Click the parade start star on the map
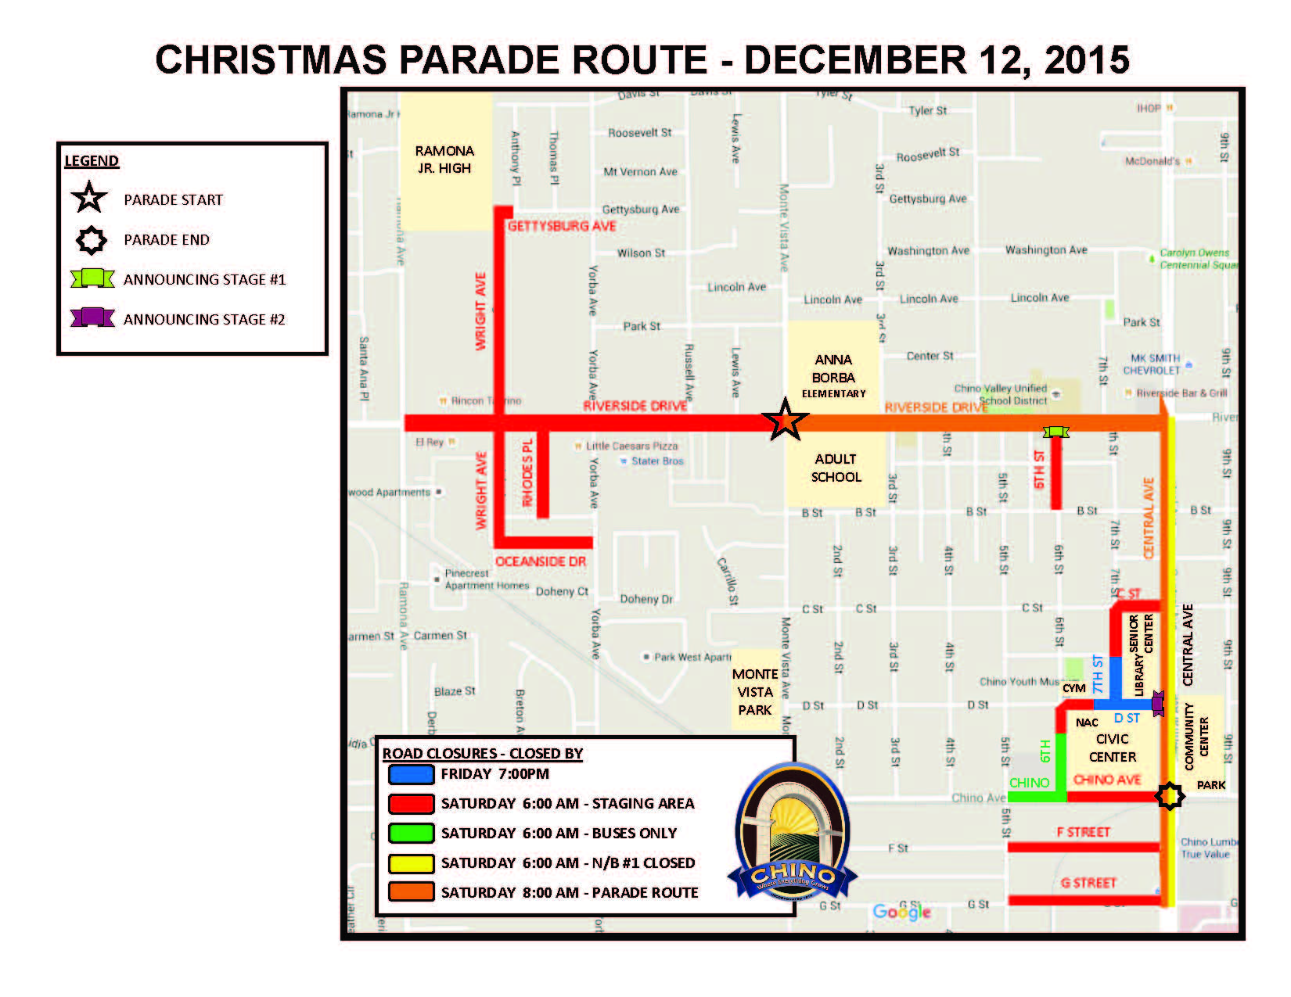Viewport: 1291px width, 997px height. (x=785, y=421)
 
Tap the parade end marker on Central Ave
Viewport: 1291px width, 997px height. (x=1170, y=796)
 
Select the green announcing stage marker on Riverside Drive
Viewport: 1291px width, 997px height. (x=1055, y=432)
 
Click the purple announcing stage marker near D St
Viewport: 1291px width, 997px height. (x=1158, y=703)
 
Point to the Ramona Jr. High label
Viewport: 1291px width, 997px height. (x=444, y=160)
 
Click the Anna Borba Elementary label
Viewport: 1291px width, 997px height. (x=833, y=376)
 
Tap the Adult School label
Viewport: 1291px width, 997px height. (x=836, y=468)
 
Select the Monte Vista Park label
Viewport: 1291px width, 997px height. (x=755, y=692)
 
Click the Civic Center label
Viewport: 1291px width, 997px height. (x=1112, y=748)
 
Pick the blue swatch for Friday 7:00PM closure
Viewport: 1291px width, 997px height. (x=411, y=774)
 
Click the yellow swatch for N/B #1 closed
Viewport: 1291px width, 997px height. (x=411, y=863)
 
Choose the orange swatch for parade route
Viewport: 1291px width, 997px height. (x=411, y=892)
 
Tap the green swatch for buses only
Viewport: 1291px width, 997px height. (x=411, y=834)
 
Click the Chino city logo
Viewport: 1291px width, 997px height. (x=792, y=832)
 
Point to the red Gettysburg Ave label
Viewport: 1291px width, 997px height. (x=562, y=226)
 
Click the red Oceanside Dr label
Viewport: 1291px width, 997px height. (x=541, y=561)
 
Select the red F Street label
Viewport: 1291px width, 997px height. (x=1083, y=832)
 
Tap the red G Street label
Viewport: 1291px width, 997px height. (x=1088, y=883)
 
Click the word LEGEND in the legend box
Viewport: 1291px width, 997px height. (x=92, y=161)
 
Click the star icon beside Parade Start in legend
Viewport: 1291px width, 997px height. (x=89, y=199)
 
